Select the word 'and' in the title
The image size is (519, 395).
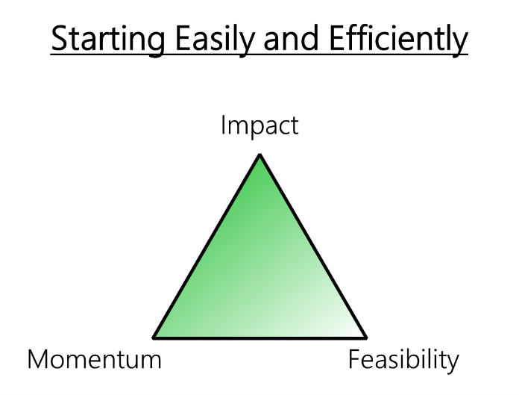[x=280, y=40]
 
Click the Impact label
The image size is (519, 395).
[x=259, y=125]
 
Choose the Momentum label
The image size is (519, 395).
[x=94, y=360]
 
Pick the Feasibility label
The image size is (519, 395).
[x=403, y=360]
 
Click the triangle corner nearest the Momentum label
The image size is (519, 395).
[x=154, y=337]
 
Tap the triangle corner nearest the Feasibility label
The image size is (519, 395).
[x=365, y=337]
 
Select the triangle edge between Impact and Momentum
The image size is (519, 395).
[x=207, y=246]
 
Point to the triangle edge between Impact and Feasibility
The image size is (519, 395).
[x=312, y=246]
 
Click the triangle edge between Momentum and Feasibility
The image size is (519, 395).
[x=259, y=337]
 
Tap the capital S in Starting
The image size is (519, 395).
[x=59, y=40]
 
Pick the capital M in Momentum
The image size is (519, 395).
[x=37, y=360]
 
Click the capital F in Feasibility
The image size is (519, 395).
[x=354, y=360]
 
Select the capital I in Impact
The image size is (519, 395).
[x=223, y=125]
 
